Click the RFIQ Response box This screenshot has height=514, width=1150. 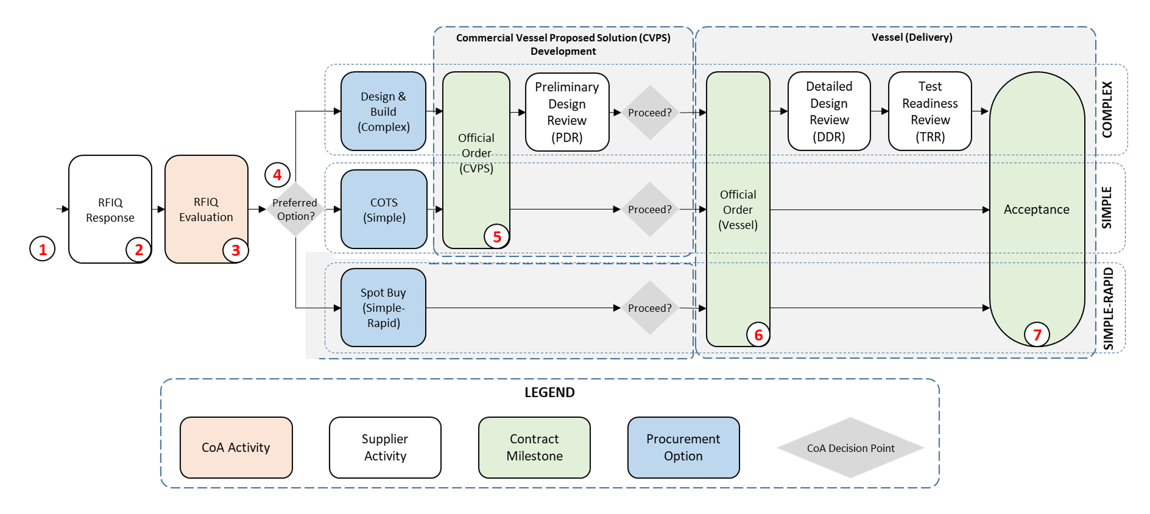110,209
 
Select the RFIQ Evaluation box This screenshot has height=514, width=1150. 206,209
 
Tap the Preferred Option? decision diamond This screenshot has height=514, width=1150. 295,209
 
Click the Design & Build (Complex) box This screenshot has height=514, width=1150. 383,111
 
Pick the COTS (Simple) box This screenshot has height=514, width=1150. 384,209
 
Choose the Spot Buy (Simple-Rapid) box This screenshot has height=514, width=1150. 383,308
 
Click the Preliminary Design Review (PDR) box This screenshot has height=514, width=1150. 567,112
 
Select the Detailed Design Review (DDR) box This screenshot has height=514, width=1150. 829,111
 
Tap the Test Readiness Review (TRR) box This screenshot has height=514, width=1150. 930,111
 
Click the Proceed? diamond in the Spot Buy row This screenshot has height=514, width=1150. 650,308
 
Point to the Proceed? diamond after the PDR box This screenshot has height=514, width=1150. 650,113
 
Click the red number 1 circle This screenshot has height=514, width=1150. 43,248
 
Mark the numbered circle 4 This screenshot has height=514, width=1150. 277,175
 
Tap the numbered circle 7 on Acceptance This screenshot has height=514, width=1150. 1037,334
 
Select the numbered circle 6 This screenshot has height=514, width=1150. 758,334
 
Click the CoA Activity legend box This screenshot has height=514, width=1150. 236,448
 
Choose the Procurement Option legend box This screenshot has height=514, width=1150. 683,448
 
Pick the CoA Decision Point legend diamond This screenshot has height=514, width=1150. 851,448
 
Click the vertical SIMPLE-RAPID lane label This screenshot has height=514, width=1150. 1108,309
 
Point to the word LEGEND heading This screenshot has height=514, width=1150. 549,392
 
